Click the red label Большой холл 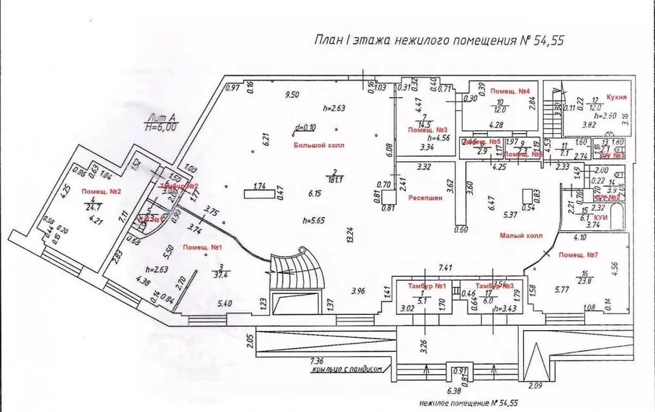point(319,146)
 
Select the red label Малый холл point(521,235)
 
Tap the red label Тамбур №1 point(422,285)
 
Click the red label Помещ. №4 point(509,92)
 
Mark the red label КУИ point(600,218)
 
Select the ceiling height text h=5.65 point(315,221)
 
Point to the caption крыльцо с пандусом point(344,369)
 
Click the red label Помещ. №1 point(203,247)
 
